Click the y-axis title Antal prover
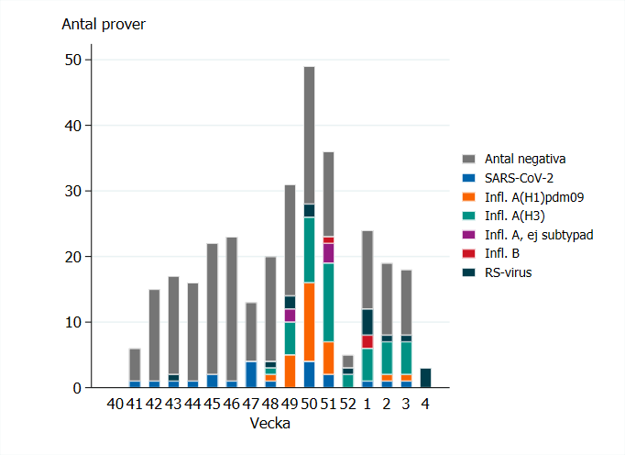point(103,24)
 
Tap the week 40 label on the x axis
point(115,403)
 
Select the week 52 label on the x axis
point(347,403)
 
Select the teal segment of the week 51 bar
point(328,303)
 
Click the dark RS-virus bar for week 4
point(425,378)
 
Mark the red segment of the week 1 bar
point(367,341)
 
